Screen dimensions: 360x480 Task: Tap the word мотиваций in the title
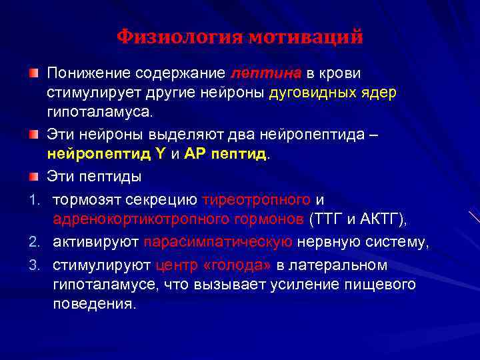307,37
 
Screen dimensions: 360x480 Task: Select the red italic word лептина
267,73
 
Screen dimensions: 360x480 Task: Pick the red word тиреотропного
257,199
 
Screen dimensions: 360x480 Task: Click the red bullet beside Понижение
33,71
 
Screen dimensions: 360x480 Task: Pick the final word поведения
95,304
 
